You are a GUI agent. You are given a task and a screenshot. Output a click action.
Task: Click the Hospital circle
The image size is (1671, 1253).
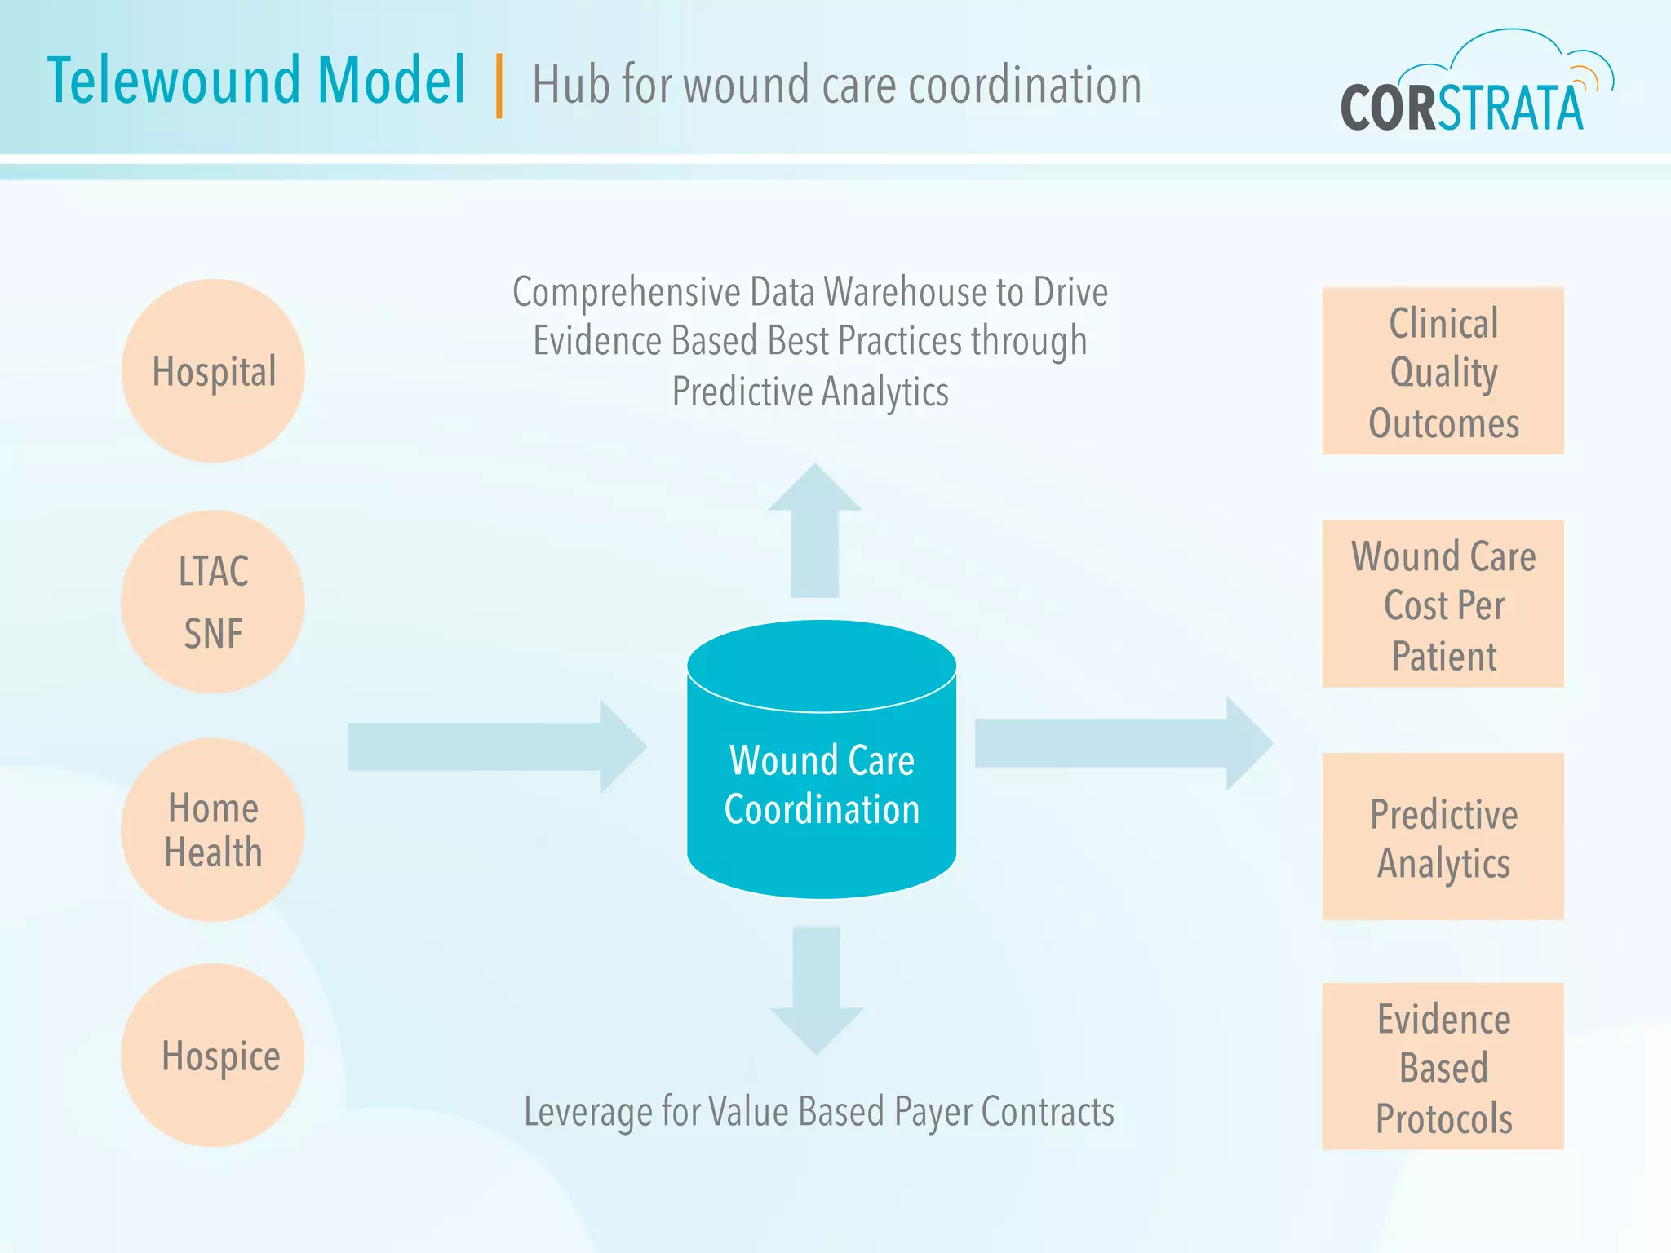(x=213, y=371)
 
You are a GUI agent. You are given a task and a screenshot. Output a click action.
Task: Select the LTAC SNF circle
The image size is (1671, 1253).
(x=213, y=602)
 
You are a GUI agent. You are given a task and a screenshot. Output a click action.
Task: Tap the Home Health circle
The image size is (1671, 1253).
(x=213, y=830)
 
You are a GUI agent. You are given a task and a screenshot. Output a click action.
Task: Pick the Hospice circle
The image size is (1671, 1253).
(x=213, y=1056)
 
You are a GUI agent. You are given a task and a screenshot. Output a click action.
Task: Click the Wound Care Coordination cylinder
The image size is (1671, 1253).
(x=822, y=783)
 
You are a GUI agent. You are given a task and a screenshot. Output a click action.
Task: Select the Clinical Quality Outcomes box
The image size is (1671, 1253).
(x=1443, y=371)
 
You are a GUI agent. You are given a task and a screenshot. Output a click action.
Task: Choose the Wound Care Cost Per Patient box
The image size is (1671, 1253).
(x=1443, y=604)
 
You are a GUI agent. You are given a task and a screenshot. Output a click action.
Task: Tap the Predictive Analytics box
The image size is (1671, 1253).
(x=1443, y=837)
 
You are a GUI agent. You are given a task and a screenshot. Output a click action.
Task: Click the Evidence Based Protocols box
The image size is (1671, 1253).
(x=1443, y=1067)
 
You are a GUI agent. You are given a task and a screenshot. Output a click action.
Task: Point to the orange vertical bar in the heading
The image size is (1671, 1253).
(x=499, y=86)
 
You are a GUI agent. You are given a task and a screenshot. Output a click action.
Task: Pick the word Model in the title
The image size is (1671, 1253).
(x=391, y=82)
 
